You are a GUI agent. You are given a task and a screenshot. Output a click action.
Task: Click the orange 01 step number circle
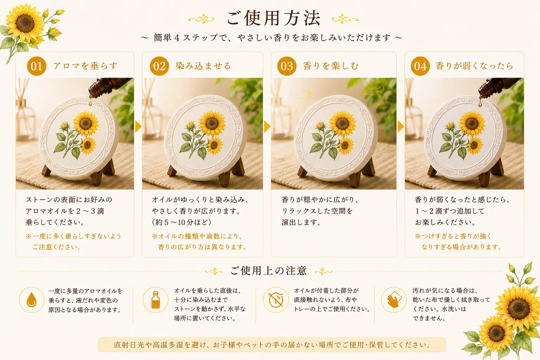37,66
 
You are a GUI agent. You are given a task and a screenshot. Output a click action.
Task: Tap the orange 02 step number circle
159,66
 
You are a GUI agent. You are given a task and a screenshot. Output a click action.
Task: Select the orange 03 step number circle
287,66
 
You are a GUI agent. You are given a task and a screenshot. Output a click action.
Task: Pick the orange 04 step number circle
420,66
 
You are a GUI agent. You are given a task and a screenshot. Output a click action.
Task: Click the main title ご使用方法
274,18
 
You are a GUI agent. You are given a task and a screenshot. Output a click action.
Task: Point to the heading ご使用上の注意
269,271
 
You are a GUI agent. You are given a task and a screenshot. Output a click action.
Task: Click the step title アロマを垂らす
85,66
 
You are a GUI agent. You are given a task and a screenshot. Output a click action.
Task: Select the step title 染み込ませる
203,66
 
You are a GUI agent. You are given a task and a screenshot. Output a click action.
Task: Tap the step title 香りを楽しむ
331,66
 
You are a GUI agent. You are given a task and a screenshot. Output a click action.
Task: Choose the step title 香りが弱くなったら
474,66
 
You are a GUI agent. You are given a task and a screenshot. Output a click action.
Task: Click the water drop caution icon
32,300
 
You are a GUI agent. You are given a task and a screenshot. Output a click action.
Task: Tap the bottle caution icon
155,300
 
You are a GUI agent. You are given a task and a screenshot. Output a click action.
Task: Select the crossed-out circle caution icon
276,300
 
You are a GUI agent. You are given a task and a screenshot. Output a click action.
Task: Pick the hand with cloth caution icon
394,300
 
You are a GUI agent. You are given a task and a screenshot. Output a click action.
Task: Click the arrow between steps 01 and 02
139,127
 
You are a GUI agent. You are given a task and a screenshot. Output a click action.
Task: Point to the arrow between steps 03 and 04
401,127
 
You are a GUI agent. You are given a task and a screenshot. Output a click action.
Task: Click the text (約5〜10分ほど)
181,222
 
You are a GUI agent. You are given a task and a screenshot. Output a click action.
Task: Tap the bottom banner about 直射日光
272,345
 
